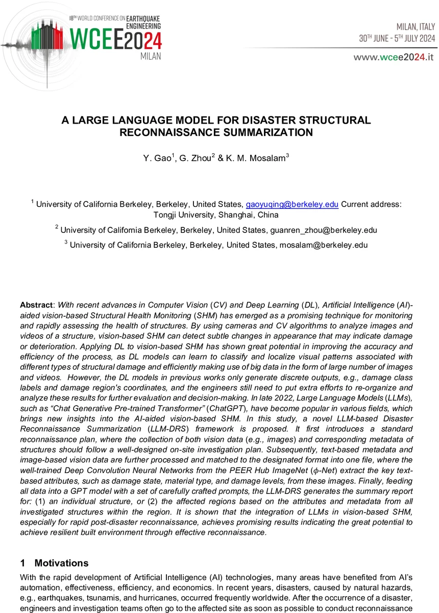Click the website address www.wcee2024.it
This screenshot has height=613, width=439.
(394, 57)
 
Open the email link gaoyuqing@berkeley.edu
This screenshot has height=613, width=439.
(292, 204)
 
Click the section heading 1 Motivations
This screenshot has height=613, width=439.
(54, 563)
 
